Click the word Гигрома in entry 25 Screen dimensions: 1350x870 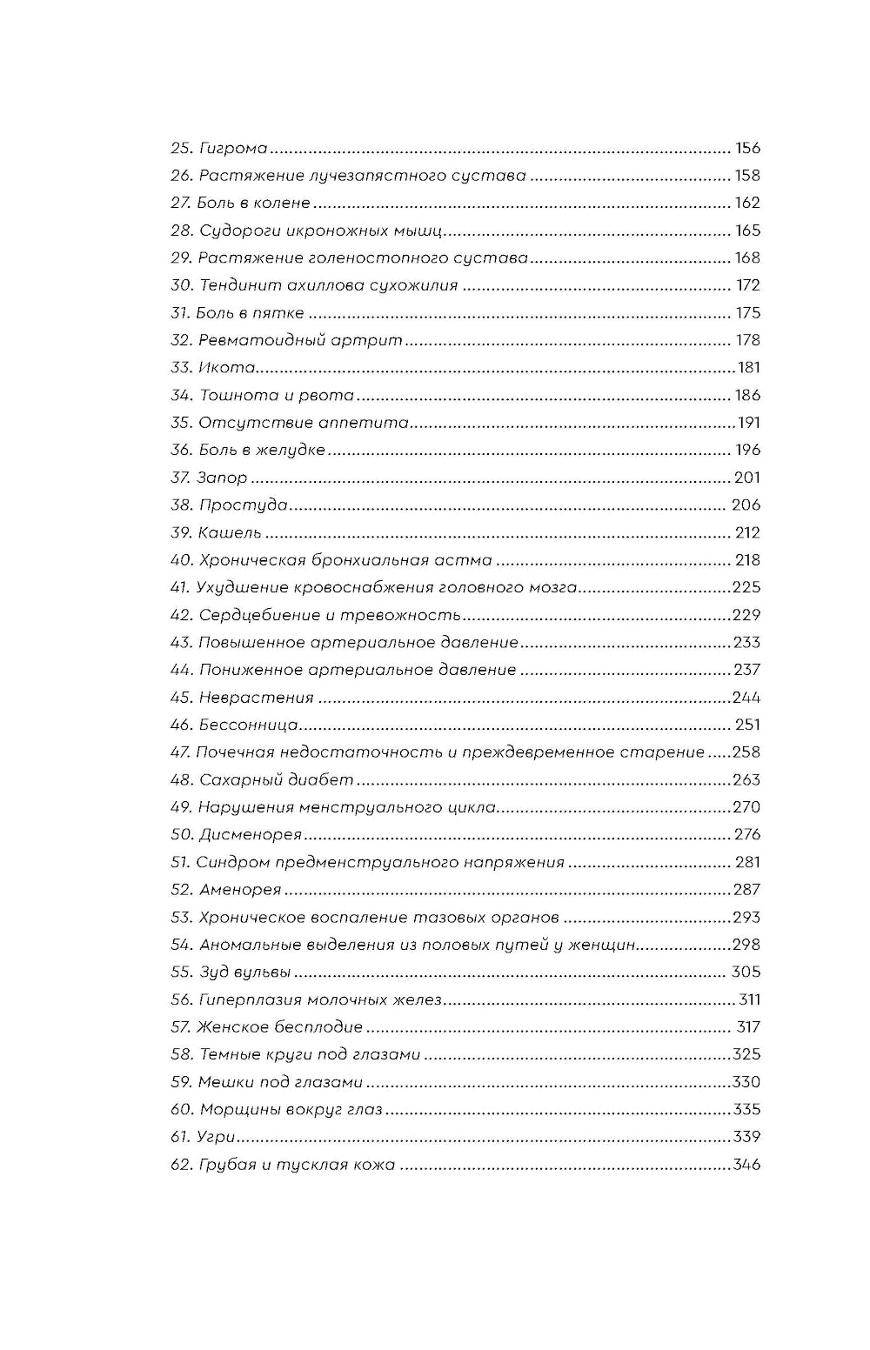point(233,149)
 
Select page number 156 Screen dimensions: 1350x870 point(747,148)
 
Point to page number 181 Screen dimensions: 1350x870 point(748,367)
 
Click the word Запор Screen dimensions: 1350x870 point(222,478)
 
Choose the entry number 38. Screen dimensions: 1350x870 point(181,505)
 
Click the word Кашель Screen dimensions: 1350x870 point(230,533)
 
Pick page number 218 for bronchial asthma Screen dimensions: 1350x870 point(747,560)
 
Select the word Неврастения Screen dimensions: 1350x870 point(256,698)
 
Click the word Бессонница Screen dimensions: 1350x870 point(248,725)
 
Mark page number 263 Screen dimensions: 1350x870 point(746,779)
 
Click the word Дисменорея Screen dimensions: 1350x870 point(250,835)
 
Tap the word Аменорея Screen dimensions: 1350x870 point(240,890)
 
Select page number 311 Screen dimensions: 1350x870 point(749,999)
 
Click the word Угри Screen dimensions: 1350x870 point(217,1137)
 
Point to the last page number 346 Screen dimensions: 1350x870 point(746,1164)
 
